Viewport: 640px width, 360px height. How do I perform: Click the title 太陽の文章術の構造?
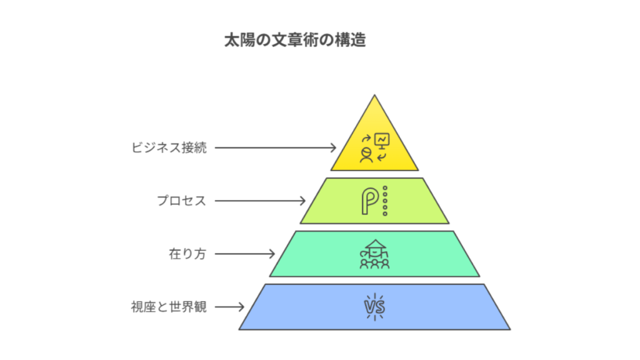(x=295, y=41)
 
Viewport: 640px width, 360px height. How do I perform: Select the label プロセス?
(x=181, y=201)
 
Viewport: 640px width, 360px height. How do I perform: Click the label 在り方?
(x=187, y=254)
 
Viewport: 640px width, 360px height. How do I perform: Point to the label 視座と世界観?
(x=169, y=307)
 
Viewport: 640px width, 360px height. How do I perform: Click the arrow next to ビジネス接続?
(x=276, y=148)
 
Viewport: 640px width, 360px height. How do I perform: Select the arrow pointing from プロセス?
(x=260, y=201)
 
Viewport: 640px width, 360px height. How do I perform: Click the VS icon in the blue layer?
(x=374, y=307)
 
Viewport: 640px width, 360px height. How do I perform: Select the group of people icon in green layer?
(x=374, y=254)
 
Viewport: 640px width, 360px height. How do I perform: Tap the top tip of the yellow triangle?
(x=374, y=97)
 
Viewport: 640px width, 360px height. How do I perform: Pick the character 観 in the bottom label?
(x=200, y=307)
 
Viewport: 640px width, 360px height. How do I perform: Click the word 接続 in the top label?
(x=194, y=148)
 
